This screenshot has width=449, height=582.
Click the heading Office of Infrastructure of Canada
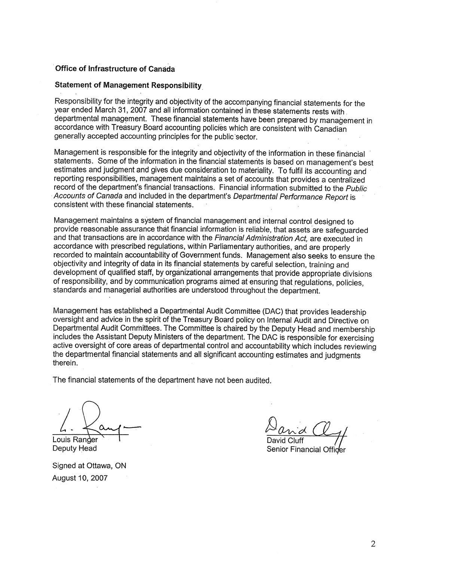(114, 69)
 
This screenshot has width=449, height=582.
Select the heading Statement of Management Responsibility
(128, 85)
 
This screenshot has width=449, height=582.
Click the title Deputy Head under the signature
(74, 448)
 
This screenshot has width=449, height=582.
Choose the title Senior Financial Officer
(306, 449)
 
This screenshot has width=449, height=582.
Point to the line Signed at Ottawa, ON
(89, 466)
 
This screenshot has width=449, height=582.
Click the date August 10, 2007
(80, 478)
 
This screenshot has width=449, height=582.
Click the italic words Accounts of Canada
(88, 197)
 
